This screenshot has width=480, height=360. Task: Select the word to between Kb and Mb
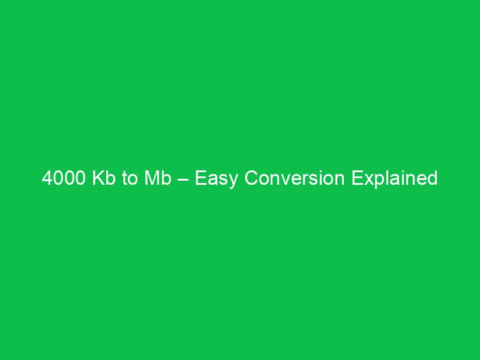pyautogui.click(x=131, y=179)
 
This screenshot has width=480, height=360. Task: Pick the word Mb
pyautogui.click(x=158, y=179)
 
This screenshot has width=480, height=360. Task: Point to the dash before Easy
pyautogui.click(x=184, y=179)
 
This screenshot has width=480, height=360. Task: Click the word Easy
pyautogui.click(x=214, y=179)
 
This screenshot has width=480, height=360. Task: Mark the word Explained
pyautogui.click(x=395, y=179)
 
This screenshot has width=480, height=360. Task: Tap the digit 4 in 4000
pyautogui.click(x=47, y=179)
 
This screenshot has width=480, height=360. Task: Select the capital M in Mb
pyautogui.click(x=152, y=179)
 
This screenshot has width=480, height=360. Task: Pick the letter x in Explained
pyautogui.click(x=367, y=179)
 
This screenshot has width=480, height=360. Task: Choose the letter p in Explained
pyautogui.click(x=376, y=181)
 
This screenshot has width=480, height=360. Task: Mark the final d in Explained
pyautogui.click(x=432, y=179)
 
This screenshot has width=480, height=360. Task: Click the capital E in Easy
pyautogui.click(x=200, y=179)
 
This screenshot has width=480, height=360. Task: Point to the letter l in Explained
pyautogui.click(x=385, y=179)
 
